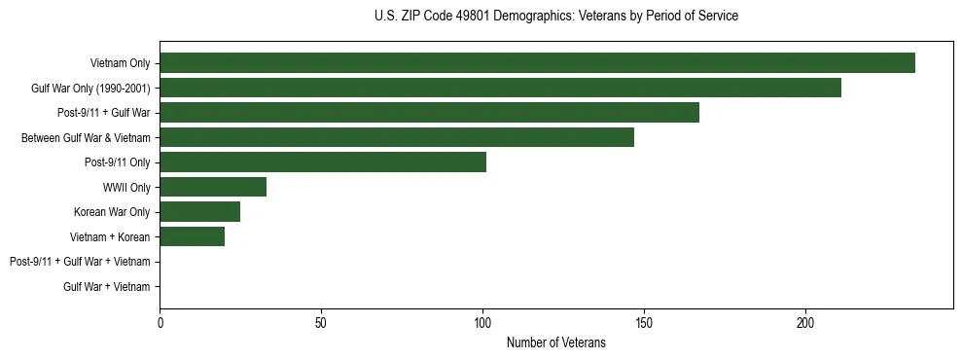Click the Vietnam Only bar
[537, 63]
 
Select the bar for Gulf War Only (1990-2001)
[500, 89]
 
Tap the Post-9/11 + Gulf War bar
[429, 113]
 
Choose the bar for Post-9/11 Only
[323, 162]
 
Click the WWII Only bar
[213, 187]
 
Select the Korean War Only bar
[199, 212]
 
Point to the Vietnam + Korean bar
[192, 236]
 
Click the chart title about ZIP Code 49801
[555, 17]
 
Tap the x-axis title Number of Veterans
[555, 342]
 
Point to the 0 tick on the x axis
[160, 322]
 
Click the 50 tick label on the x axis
[321, 322]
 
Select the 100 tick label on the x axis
[482, 322]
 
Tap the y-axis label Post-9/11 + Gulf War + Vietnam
[80, 262]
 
